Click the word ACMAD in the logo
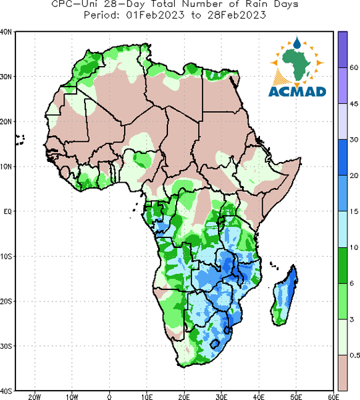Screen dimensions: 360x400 (x=297, y=92)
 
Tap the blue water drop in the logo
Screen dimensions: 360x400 (x=297, y=43)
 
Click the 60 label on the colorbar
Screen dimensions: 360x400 (x=354, y=67)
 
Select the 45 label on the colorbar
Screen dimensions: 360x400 (x=354, y=103)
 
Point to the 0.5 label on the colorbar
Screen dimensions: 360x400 (x=355, y=355)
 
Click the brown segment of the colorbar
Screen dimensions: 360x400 (x=343, y=373)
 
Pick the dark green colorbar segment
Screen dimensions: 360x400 (x=343, y=265)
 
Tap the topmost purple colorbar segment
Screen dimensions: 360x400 (x=343, y=49)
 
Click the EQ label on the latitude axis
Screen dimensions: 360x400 (x=7, y=211)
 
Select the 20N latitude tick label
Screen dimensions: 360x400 (x=6, y=122)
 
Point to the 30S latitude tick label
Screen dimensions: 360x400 (x=6, y=346)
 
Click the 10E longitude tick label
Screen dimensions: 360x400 (x=147, y=397)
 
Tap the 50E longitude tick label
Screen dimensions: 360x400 (x=296, y=397)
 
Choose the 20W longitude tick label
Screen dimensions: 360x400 (x=35, y=397)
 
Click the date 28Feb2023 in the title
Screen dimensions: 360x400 (x=237, y=15)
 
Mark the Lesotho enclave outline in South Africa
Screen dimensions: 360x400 (x=215, y=344)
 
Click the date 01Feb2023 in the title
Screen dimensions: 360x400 (x=155, y=15)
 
